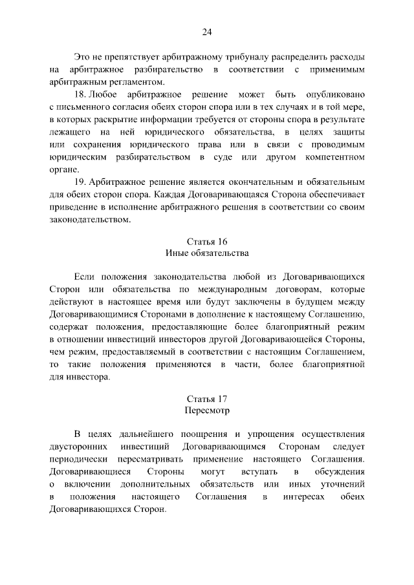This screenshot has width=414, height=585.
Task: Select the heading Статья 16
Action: pyautogui.click(x=207, y=241)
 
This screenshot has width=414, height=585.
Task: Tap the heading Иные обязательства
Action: pyautogui.click(x=207, y=253)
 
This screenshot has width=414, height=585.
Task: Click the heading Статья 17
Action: pyautogui.click(x=207, y=399)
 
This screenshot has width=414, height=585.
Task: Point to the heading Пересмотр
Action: pyautogui.click(x=207, y=410)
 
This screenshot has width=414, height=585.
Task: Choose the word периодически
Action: pyautogui.click(x=76, y=460)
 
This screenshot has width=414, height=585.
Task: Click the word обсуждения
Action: pyautogui.click(x=340, y=472)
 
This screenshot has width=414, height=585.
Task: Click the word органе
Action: pyautogui.click(x=63, y=169)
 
